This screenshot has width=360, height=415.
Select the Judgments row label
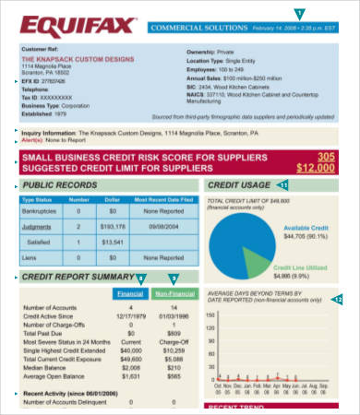click(x=38, y=225)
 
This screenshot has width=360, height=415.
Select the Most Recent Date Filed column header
click(x=161, y=198)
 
